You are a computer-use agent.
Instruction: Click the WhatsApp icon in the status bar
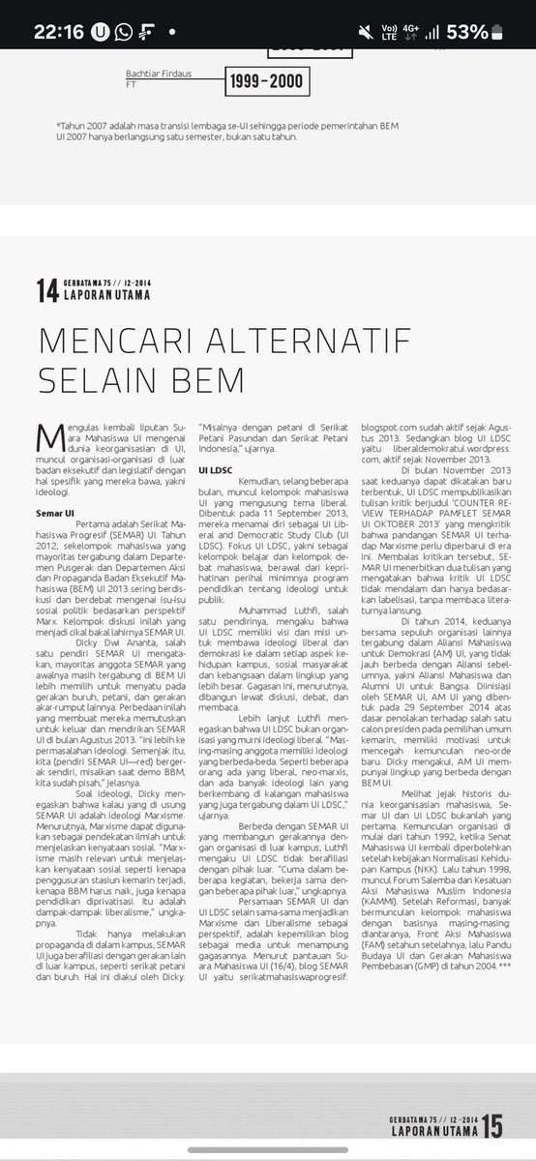(x=124, y=30)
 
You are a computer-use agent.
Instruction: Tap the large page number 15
(x=491, y=1126)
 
